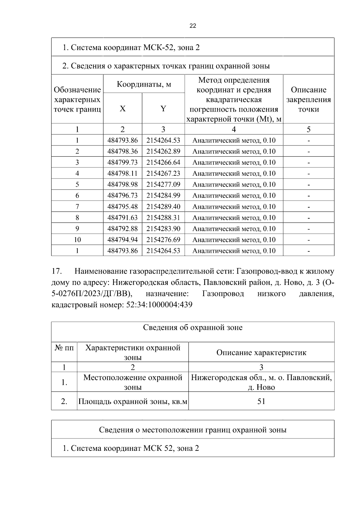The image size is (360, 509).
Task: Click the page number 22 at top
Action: [x=193, y=26]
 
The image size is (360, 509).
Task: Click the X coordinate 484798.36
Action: [x=122, y=151]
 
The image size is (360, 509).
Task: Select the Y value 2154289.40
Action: [x=163, y=207]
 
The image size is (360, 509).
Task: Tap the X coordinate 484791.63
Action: [x=122, y=218]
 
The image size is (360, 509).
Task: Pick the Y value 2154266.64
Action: [x=163, y=163]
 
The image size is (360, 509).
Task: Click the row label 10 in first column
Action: [x=77, y=240]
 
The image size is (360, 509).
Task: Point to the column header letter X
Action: [x=122, y=109]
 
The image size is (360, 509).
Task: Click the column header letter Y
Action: [x=163, y=109]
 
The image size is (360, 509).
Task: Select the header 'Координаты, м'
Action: [x=144, y=84]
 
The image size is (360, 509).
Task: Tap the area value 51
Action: [x=261, y=401]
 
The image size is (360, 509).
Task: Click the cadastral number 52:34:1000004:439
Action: [x=157, y=305]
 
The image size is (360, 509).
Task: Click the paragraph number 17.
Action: [x=57, y=271]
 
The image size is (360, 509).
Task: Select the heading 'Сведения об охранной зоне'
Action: [x=193, y=328]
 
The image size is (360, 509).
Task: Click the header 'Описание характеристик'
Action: [x=261, y=352]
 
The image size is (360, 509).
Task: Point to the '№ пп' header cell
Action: [x=64, y=348]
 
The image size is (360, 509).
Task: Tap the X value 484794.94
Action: [x=122, y=240]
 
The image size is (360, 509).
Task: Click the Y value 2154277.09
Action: [x=163, y=184]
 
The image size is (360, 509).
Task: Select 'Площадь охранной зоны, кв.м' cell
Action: [x=133, y=401]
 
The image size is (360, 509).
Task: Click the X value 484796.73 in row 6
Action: [x=122, y=196]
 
